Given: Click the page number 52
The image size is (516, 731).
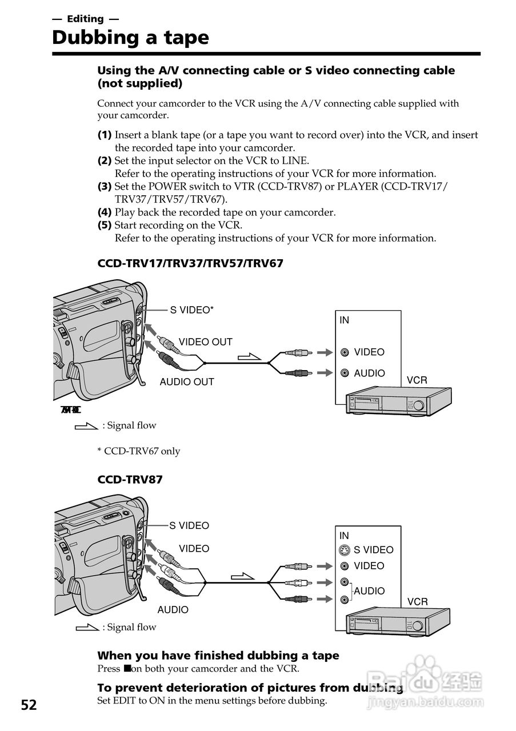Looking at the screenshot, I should pyautogui.click(x=29, y=705).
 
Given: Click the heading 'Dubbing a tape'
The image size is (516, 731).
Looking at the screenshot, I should pyautogui.click(x=130, y=38).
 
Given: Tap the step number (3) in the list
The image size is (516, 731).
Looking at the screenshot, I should pyautogui.click(x=104, y=186).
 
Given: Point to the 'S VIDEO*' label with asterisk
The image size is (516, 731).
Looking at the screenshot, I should pyautogui.click(x=192, y=310).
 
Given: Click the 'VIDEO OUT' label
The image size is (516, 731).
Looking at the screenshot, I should pyautogui.click(x=205, y=342).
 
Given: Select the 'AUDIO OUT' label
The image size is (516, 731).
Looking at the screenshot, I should pyautogui.click(x=187, y=382).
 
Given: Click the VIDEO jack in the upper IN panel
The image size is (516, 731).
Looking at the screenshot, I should pyautogui.click(x=345, y=352).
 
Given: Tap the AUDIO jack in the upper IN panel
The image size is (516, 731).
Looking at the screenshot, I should pyautogui.click(x=345, y=373).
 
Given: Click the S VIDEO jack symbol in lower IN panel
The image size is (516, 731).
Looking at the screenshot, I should pyautogui.click(x=344, y=550).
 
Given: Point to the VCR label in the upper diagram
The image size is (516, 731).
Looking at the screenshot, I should pyautogui.click(x=417, y=380).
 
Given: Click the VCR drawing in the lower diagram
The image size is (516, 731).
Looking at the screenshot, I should pyautogui.click(x=397, y=622).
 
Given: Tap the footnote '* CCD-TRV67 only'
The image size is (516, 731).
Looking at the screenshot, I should pyautogui.click(x=138, y=451).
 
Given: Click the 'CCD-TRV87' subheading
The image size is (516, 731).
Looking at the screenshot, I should pyautogui.click(x=130, y=480).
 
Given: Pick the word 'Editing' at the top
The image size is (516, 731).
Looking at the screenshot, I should pyautogui.click(x=85, y=19).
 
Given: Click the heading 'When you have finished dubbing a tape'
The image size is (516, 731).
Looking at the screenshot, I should pyautogui.click(x=218, y=656).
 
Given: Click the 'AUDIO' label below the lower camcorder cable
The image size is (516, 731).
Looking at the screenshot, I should pyautogui.click(x=173, y=610).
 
